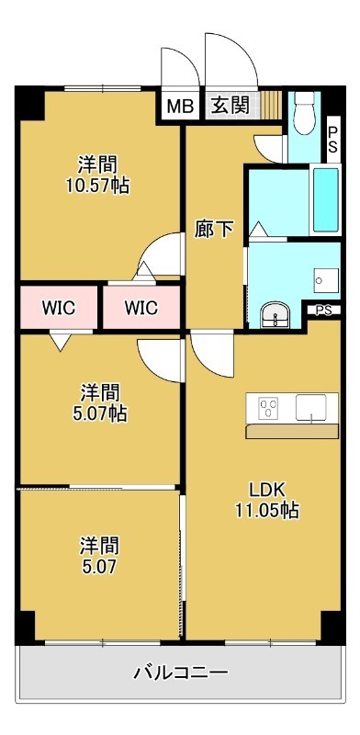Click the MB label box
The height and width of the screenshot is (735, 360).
tap(179, 105)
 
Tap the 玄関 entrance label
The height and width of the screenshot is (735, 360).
tap(230, 105)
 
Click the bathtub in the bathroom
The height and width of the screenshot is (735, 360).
tap(325, 199)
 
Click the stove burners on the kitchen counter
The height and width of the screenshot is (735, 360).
tap(269, 405)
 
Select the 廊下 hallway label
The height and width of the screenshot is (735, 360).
tap(215, 230)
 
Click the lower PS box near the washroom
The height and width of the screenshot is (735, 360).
tap(322, 310)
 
